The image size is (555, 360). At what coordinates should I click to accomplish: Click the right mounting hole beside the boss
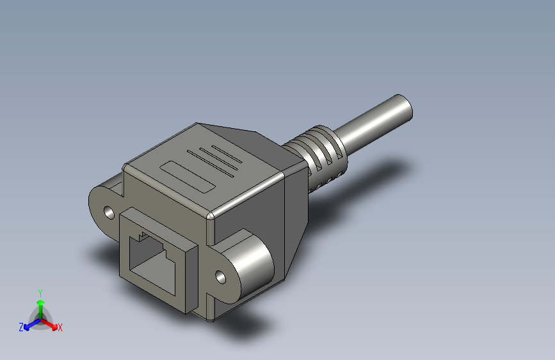(221, 277)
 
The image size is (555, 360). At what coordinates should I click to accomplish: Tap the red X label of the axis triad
(60, 328)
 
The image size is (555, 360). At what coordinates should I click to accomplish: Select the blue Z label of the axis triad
(21, 327)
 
